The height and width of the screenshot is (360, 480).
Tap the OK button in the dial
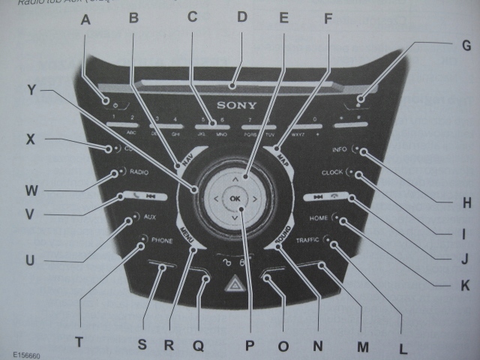(x=235, y=199)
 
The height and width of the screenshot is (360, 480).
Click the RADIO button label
(x=139, y=172)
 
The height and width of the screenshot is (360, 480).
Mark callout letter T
(x=77, y=340)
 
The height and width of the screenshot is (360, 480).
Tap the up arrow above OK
(x=235, y=180)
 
